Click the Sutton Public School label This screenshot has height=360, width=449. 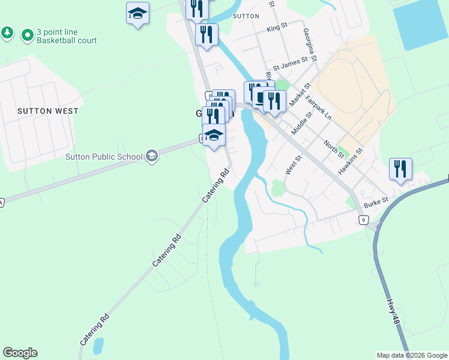(104, 157)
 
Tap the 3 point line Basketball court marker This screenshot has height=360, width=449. (27, 36)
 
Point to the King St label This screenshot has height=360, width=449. (277, 28)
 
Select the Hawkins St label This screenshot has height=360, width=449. (351, 161)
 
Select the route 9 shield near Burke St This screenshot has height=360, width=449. (364, 221)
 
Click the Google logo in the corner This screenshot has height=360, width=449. (20, 353)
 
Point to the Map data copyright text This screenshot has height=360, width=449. (412, 355)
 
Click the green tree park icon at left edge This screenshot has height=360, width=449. (7, 32)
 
